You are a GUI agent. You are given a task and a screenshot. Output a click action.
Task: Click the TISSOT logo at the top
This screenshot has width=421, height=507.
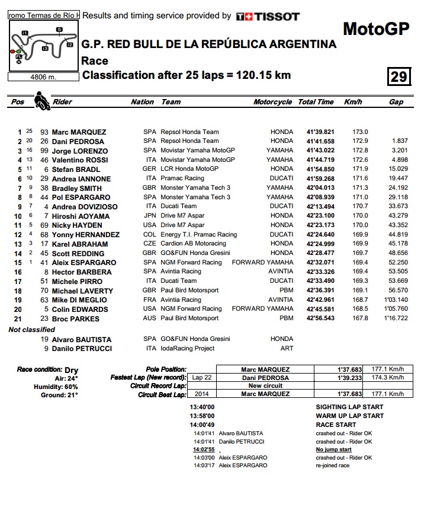(268, 17)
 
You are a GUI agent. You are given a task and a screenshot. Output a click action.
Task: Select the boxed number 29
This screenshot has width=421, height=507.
(398, 77)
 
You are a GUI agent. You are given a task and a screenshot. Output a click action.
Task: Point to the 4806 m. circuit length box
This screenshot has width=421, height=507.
(43, 76)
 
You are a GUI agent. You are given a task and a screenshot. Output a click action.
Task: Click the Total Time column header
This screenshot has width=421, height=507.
(316, 102)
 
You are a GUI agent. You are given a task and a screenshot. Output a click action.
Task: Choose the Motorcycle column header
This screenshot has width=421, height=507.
(272, 102)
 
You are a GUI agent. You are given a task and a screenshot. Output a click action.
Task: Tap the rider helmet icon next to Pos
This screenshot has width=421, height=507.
(41, 101)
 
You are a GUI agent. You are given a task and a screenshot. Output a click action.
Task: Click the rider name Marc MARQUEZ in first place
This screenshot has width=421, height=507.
(79, 132)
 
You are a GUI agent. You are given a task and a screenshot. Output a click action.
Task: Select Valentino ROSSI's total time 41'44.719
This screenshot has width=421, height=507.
(320, 160)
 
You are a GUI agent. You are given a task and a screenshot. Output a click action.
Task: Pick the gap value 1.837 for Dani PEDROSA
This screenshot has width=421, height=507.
(400, 141)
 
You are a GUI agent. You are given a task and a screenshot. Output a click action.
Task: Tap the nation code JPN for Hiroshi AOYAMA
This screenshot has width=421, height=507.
(150, 216)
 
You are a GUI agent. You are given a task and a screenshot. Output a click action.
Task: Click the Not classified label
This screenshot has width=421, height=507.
(31, 330)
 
